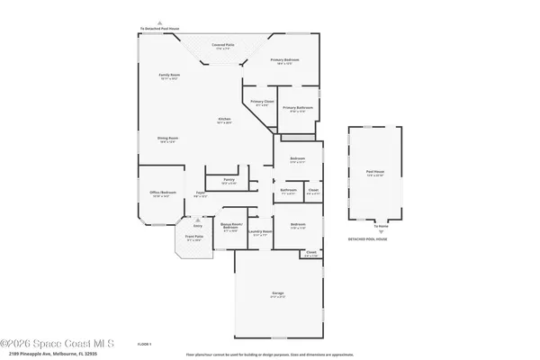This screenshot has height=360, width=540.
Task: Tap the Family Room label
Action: click(x=169, y=77)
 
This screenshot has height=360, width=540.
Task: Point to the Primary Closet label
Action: click(x=262, y=103)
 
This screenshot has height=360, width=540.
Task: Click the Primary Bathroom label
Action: click(x=296, y=109)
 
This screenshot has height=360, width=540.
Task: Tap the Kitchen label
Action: click(x=224, y=121)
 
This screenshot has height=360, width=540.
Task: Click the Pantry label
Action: click(x=229, y=181)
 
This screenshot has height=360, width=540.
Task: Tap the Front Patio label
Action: click(x=193, y=238)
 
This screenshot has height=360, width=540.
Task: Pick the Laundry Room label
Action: click(x=260, y=232)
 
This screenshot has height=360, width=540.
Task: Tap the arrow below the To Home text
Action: click(x=380, y=232)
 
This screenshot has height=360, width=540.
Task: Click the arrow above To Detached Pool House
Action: click(x=160, y=22)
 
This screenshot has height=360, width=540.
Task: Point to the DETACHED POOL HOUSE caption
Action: click(x=368, y=239)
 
